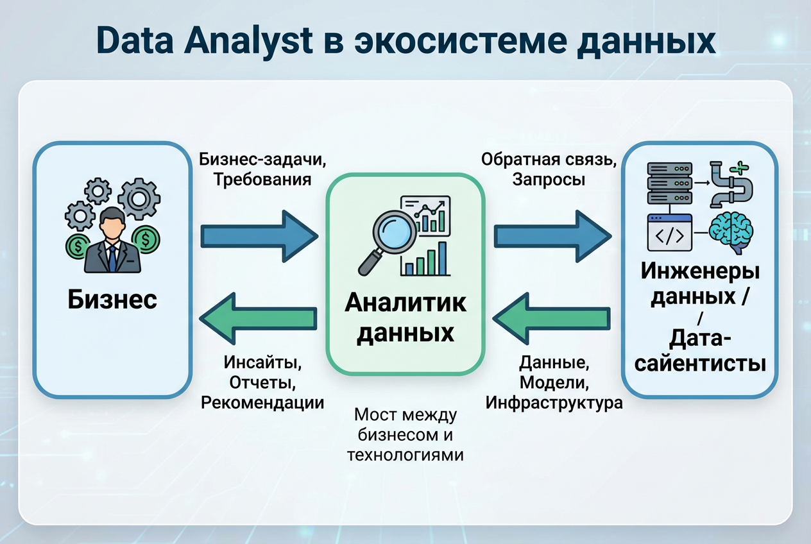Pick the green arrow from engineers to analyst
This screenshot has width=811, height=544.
point(552,319)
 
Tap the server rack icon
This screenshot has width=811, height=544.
point(669,183)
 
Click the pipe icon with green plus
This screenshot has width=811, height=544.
point(731,185)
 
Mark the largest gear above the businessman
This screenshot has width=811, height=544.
point(139,199)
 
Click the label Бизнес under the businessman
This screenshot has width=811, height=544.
point(112,300)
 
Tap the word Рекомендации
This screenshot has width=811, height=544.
point(262,402)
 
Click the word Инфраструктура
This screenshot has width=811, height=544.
point(553,403)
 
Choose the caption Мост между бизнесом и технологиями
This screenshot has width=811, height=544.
point(405,435)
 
